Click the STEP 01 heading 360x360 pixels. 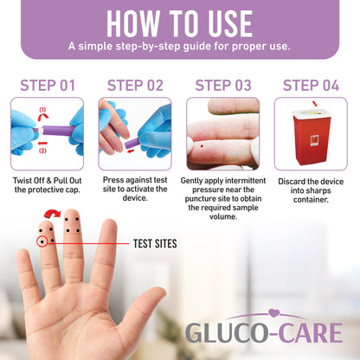pos(48,86)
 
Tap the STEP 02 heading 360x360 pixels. pos(135,86)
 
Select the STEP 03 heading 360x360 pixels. pos(223,86)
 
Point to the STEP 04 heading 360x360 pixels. pos(311,86)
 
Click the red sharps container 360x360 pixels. pos(312,137)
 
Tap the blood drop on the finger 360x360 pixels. pos(202,146)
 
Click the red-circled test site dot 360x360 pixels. pos(42,241)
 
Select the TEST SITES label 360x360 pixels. pos(155,244)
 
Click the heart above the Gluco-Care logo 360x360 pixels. pos(273,313)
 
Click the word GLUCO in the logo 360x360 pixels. pos(227,333)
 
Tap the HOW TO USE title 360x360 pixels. pos(180,24)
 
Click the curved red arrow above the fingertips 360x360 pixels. pos(53,214)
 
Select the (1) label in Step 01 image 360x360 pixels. pos(42,110)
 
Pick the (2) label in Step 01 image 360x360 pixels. pos(42,151)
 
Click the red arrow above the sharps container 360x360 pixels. pos(315,104)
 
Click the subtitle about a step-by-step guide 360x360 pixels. pos(179,46)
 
